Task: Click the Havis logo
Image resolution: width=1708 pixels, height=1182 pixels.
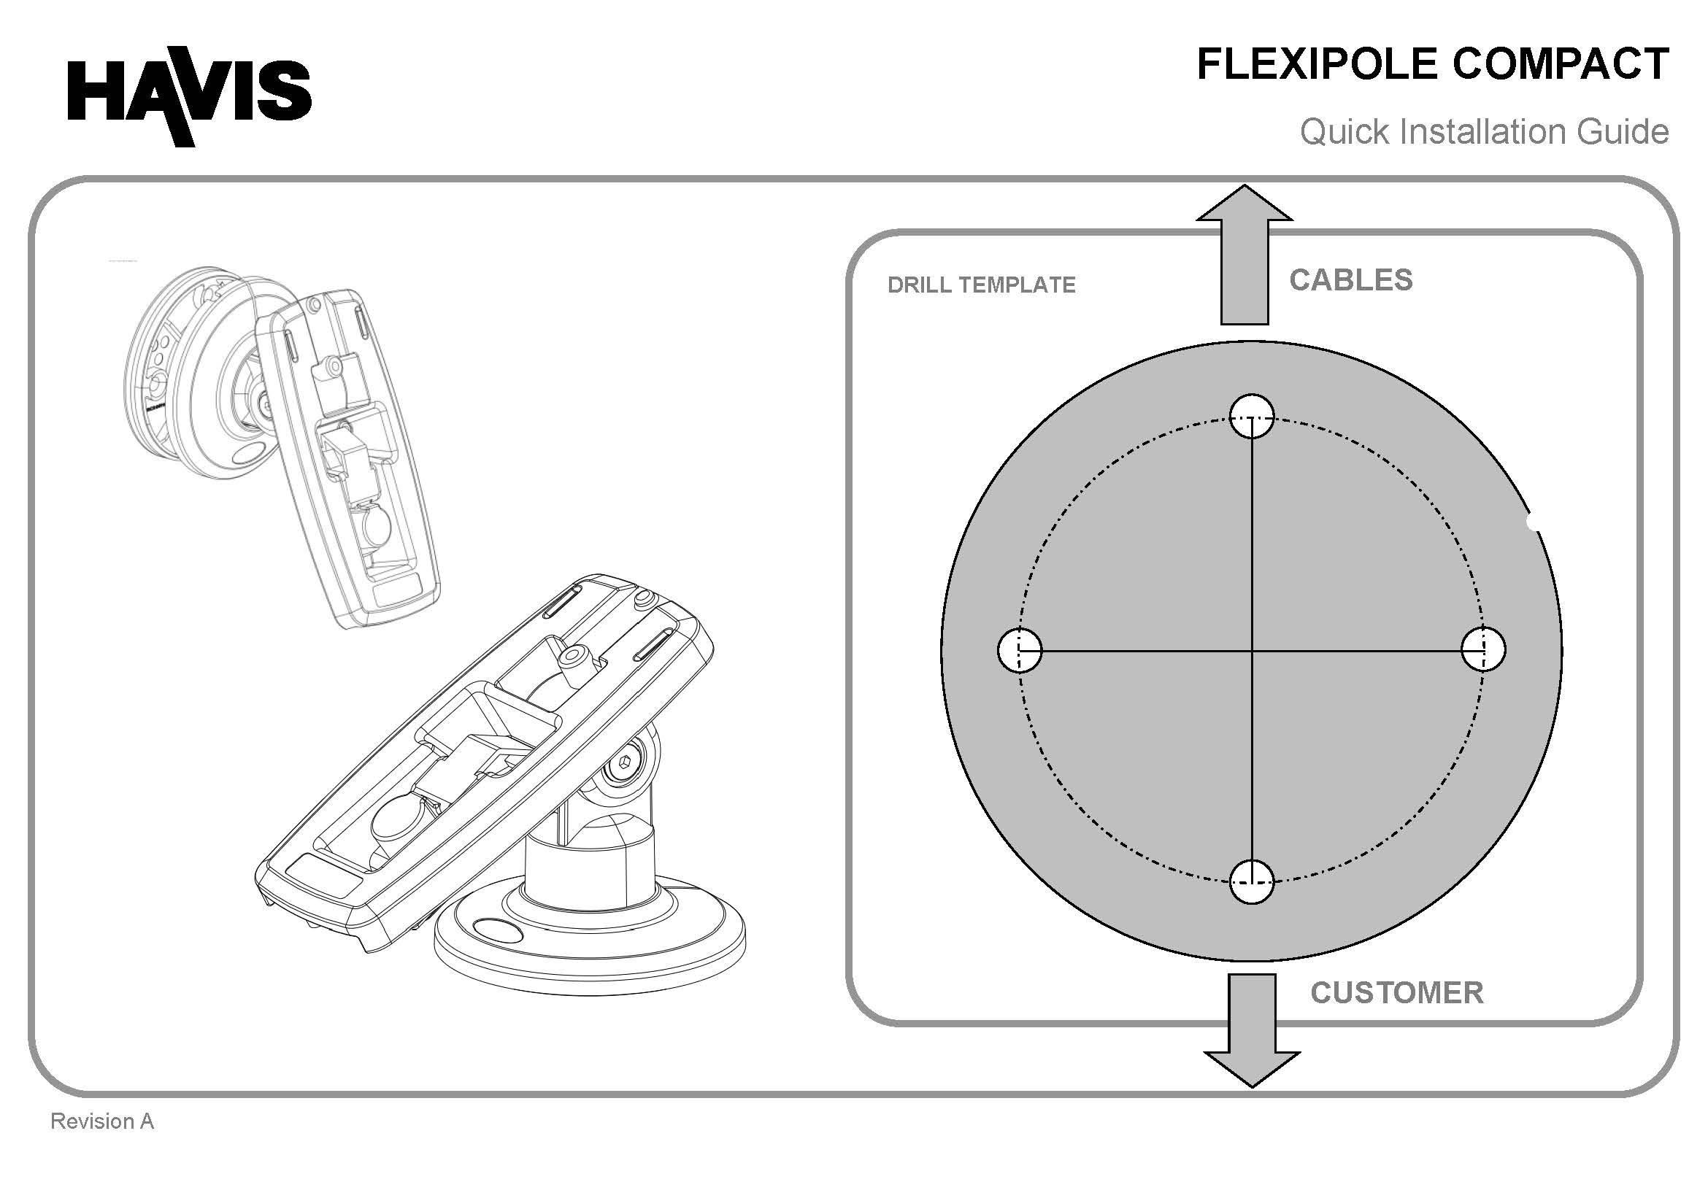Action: (190, 96)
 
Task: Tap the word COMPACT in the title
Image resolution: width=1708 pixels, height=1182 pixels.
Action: (1561, 64)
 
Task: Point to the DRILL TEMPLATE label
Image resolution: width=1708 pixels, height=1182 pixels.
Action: (982, 285)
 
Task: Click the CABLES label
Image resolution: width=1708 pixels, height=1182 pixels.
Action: (1351, 280)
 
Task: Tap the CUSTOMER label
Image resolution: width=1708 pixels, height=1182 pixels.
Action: (1397, 993)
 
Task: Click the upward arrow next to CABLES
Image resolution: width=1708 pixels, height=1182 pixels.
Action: (1245, 255)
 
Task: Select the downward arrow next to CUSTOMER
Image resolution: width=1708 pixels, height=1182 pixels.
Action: (1252, 1030)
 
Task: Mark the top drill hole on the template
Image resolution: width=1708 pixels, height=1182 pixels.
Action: (1252, 416)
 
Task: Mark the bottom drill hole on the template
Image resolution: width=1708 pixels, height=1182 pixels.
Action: (1252, 881)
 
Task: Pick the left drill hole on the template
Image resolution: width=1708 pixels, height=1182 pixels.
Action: (1020, 649)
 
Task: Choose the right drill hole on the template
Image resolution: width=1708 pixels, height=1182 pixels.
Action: (1484, 649)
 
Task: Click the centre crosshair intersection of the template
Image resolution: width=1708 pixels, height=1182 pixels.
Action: (1252, 651)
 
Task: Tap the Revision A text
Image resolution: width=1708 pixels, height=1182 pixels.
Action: (102, 1121)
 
